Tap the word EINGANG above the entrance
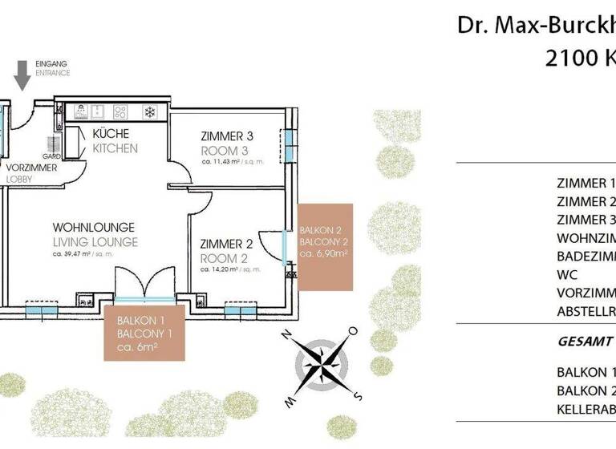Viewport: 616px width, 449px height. [x=52, y=63]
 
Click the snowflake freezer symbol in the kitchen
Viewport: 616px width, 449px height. [x=149, y=111]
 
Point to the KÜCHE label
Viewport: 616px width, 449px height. [x=111, y=134]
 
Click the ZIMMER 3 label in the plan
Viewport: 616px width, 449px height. [x=227, y=136]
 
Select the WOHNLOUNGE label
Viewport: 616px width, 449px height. [x=93, y=227]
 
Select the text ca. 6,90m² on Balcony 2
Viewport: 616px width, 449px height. [x=323, y=253]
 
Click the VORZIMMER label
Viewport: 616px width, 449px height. [x=31, y=168]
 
